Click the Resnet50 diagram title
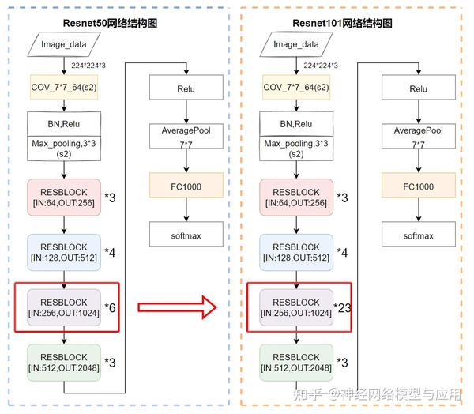[111, 24]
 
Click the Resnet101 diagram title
[342, 24]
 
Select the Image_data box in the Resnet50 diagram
[65, 45]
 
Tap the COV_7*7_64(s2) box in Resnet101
[295, 87]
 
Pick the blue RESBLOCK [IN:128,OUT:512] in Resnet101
[295, 253]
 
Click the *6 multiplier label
[111, 307]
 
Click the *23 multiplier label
[343, 307]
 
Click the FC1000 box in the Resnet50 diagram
[186, 187]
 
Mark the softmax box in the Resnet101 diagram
[418, 235]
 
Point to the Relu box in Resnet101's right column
[418, 89]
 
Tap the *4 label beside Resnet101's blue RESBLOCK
[342, 253]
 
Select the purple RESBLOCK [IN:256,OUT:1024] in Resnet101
[295, 307]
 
